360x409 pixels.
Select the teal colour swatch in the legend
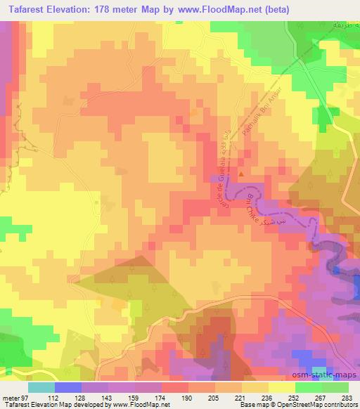tap(41, 387)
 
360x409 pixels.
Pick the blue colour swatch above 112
tap(68, 387)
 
